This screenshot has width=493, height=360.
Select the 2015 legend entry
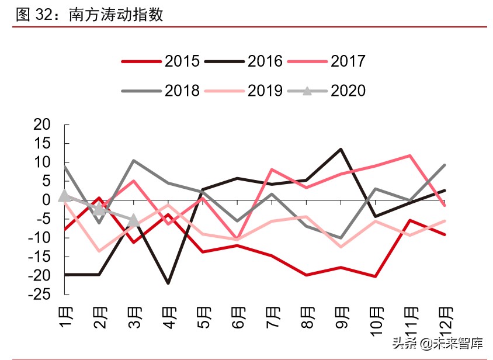pyautogui.click(x=161, y=61)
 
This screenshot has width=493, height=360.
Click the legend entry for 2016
pyautogui.click(x=244, y=61)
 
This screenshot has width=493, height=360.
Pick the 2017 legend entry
pyautogui.click(x=327, y=61)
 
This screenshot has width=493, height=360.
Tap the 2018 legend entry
pyautogui.click(x=161, y=91)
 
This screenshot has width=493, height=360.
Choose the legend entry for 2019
pyautogui.click(x=244, y=91)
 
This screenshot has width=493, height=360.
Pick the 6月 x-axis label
pyautogui.click(x=238, y=316)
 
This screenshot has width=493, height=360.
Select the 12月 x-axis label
pyautogui.click(x=443, y=319)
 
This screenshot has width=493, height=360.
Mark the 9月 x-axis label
pyautogui.click(x=341, y=316)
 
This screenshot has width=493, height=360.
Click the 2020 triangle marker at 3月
pyautogui.click(x=134, y=220)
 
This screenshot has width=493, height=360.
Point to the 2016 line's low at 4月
pyautogui.click(x=168, y=283)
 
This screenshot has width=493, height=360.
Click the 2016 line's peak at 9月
pyautogui.click(x=341, y=149)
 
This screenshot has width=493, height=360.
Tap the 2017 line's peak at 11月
pyautogui.click(x=410, y=155)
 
